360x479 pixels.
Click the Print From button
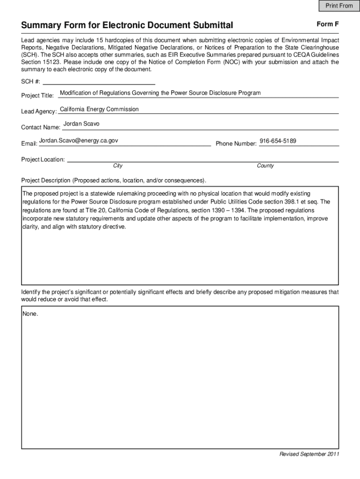[x=336, y=6]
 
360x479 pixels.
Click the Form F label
[x=327, y=23]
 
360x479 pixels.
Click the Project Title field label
[x=38, y=96]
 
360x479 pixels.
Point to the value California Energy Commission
[x=100, y=109]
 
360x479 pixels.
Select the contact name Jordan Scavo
[x=81, y=124]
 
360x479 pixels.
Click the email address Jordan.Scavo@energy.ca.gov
[x=79, y=140]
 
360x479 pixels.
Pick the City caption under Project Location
[x=118, y=166]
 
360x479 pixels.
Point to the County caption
[x=265, y=166]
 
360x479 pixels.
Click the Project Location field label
[x=43, y=160]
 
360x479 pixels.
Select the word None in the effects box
[x=30, y=314]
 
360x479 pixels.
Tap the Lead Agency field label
[x=39, y=112]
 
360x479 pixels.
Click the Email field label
[x=29, y=144]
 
